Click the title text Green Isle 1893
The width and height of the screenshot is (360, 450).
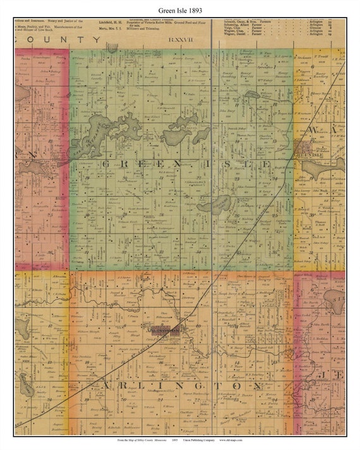click(x=179, y=11)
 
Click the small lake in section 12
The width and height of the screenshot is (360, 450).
click(x=253, y=95)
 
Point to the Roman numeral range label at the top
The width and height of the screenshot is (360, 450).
click(x=179, y=40)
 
